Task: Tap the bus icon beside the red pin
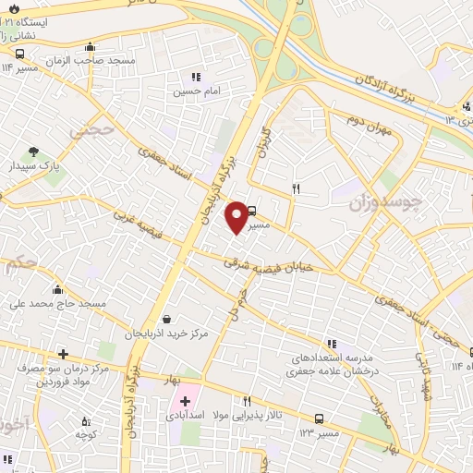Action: [x=253, y=211]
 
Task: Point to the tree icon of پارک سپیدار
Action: [x=34, y=152]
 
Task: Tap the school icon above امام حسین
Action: [x=195, y=78]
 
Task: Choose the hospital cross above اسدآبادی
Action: [x=185, y=401]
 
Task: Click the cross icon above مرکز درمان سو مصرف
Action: [x=63, y=354]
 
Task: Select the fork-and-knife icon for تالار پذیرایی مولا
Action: [x=247, y=402]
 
